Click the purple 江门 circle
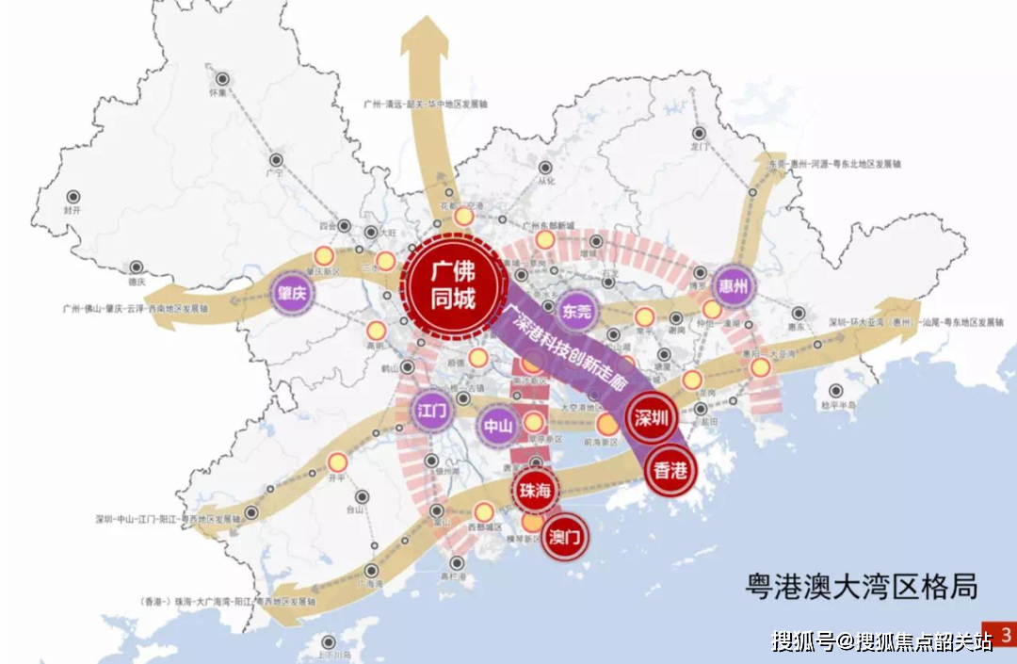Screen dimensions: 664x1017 click(434, 411)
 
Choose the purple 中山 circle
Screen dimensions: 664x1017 click(498, 426)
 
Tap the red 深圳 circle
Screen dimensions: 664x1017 click(651, 419)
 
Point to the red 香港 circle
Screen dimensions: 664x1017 click(670, 471)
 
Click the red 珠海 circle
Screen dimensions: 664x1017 click(535, 490)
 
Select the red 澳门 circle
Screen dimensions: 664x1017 click(565, 537)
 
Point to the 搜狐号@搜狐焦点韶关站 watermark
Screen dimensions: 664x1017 click(882, 642)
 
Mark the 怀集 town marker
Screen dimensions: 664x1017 click(222, 79)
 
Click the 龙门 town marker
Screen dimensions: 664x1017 click(699, 134)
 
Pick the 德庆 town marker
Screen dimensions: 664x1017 click(137, 267)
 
